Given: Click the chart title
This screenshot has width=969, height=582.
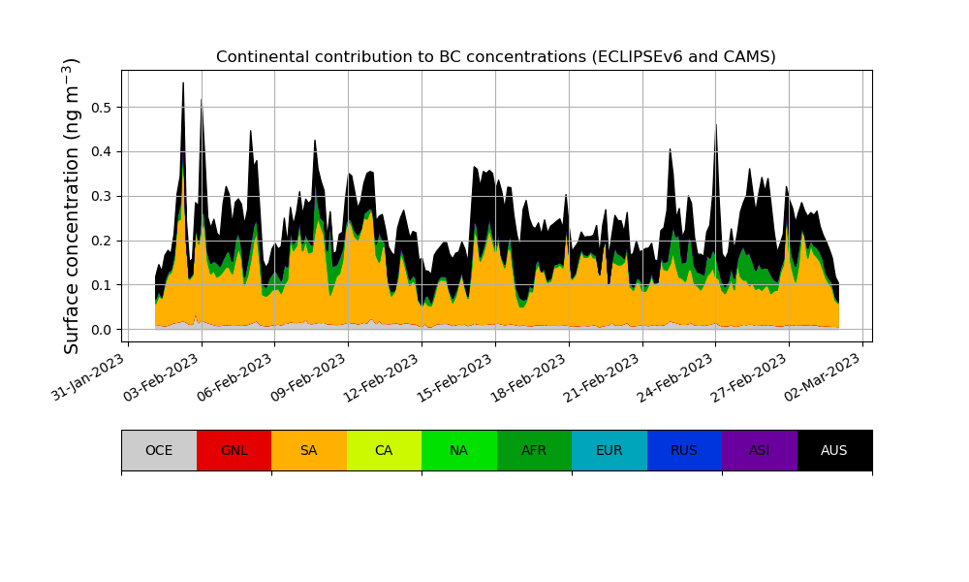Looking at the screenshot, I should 495,57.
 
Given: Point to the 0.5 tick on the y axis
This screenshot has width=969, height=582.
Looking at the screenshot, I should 102,107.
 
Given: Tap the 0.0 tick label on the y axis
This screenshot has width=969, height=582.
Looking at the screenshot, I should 102,330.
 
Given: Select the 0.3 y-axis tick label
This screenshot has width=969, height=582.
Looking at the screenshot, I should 102,196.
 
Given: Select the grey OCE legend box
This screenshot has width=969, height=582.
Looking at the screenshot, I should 159,450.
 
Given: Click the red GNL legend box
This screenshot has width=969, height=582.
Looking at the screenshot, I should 234,450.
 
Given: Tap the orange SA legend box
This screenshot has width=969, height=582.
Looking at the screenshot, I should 309,450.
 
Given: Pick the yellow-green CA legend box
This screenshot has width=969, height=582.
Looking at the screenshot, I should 384,450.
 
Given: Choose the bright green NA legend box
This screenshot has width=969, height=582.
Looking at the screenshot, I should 459,450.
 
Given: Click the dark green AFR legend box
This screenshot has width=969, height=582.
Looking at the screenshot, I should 534,450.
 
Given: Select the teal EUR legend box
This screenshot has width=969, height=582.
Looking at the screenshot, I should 610,450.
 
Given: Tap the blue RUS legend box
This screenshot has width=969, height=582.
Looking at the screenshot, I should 684,450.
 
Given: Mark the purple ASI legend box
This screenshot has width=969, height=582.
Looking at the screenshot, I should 760,450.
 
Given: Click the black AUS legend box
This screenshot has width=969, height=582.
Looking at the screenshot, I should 834,450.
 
